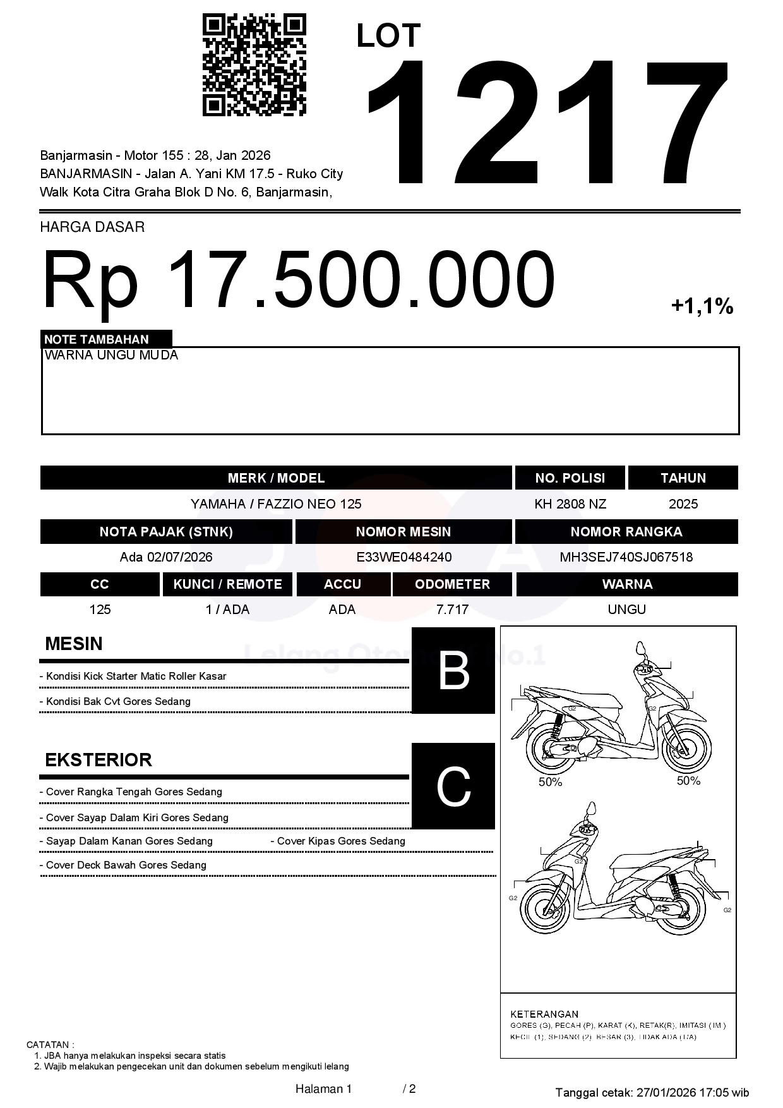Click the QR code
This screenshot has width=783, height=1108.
click(x=254, y=65)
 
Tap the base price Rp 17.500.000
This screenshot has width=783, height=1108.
click(x=298, y=279)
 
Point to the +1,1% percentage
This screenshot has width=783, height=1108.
click(x=702, y=306)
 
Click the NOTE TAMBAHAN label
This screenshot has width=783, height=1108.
click(x=97, y=339)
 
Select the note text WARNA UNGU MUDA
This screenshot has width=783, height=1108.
click(x=112, y=355)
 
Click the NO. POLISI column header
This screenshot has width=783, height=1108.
click(x=570, y=478)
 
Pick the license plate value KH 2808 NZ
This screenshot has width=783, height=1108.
click(x=570, y=504)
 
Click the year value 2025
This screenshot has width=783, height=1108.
click(x=683, y=504)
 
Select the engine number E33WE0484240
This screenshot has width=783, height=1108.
click(x=403, y=557)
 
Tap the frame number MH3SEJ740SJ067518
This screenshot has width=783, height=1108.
click(x=626, y=557)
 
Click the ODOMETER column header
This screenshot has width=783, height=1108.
click(x=452, y=584)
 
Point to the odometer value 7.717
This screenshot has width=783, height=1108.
click(x=452, y=610)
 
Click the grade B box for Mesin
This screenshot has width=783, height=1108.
click(x=453, y=670)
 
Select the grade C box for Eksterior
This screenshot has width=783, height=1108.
click(x=453, y=786)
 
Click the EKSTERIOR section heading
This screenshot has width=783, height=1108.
click(x=99, y=759)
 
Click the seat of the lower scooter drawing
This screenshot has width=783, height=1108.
click(x=644, y=861)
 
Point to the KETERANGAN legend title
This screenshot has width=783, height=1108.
click(x=544, y=1014)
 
